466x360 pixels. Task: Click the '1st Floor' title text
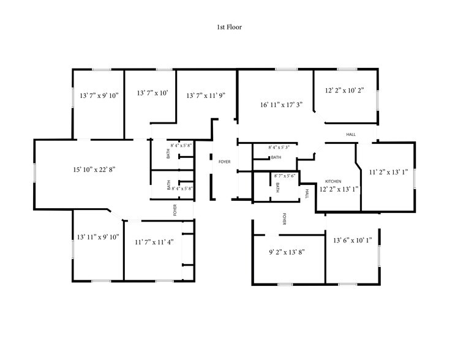[x=230, y=27]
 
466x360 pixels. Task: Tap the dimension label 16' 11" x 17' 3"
[x=281, y=105]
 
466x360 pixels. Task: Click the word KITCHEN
[x=333, y=182]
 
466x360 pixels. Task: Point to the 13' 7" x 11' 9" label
[x=206, y=95]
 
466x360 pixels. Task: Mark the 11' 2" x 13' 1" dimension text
[x=388, y=172]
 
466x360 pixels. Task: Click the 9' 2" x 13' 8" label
[x=287, y=251]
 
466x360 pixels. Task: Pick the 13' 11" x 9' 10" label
[x=98, y=236]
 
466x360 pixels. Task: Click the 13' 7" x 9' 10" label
[x=99, y=95]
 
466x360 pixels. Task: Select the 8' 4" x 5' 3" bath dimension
[x=282, y=148]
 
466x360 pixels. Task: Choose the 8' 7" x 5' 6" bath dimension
[x=285, y=176]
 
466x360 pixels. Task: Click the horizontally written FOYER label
[x=224, y=161]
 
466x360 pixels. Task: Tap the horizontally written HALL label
[x=351, y=134]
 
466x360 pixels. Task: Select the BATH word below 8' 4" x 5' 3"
[x=276, y=157]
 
